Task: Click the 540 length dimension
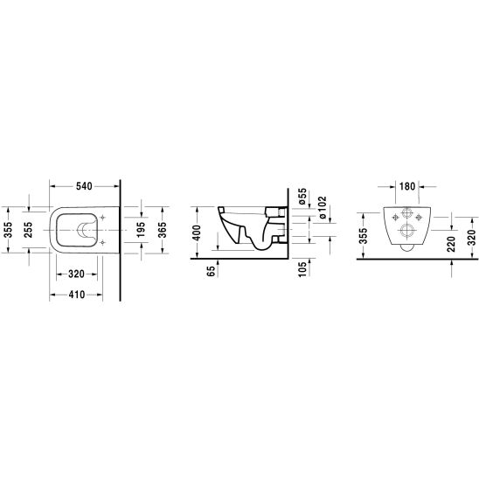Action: point(84,185)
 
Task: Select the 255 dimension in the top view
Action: point(28,230)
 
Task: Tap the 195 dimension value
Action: point(141,230)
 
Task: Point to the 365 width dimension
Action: point(163,230)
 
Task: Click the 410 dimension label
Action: point(76,295)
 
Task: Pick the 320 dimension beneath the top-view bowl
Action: point(76,274)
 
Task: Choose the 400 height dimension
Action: point(197,233)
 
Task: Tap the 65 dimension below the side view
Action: point(211,271)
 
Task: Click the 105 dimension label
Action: point(302,269)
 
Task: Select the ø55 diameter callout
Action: point(302,197)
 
